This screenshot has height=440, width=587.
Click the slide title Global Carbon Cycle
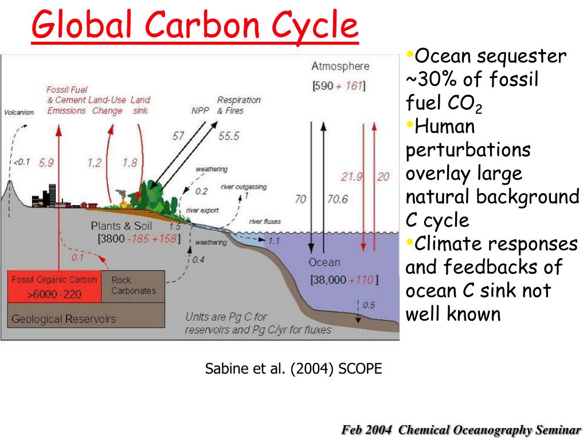195,26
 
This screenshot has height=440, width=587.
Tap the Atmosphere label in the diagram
340,66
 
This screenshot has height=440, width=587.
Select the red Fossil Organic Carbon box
54,287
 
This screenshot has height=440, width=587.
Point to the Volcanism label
19,112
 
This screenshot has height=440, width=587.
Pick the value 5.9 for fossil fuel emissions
46,163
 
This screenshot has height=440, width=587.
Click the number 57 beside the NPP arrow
178,136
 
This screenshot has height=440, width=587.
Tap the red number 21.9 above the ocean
351,176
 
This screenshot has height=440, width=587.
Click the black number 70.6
336,199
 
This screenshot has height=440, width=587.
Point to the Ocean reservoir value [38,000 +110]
344,280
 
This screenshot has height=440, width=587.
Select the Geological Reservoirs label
63,319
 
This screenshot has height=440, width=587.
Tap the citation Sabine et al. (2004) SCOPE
293,368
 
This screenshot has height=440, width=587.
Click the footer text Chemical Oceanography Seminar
490,430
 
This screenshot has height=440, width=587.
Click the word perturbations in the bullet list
468,150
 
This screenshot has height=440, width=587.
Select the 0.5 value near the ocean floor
369,305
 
